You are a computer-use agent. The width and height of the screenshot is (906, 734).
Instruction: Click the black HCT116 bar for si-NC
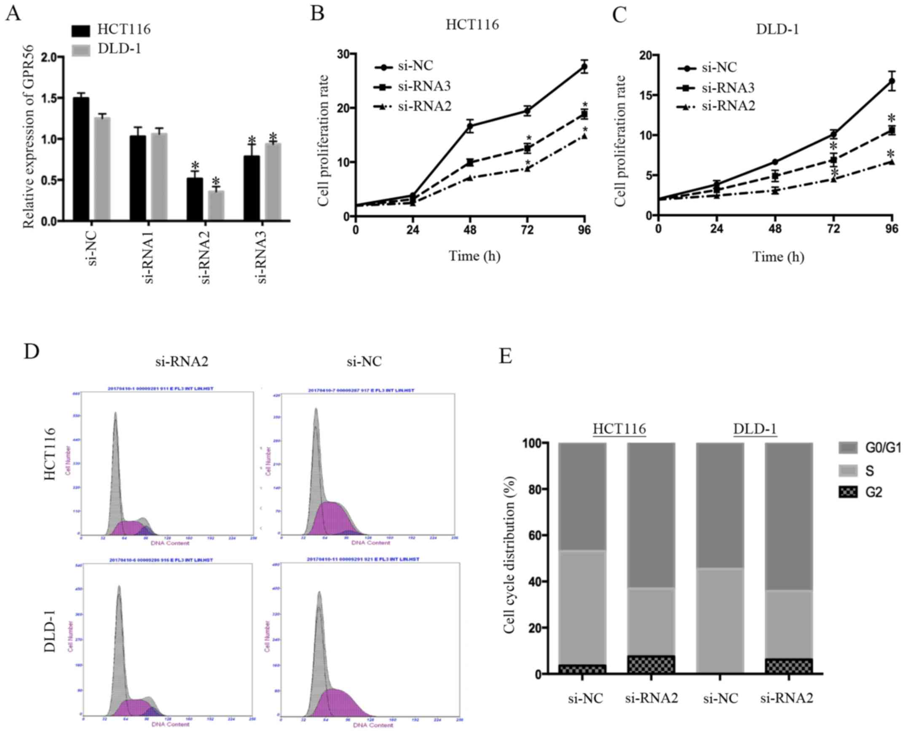[x=81, y=159]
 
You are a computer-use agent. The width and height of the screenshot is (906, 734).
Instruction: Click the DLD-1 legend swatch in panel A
[x=81, y=50]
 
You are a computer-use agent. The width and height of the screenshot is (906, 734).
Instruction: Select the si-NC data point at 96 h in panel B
[x=584, y=67]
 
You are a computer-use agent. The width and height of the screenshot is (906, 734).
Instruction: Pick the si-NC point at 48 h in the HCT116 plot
[x=470, y=125]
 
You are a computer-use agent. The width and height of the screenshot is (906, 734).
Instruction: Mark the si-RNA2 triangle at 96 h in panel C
[x=892, y=162]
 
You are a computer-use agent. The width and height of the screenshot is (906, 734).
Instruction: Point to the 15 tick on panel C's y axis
[x=646, y=95]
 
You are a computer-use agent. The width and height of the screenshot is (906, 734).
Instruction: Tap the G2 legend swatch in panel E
[x=848, y=492]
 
